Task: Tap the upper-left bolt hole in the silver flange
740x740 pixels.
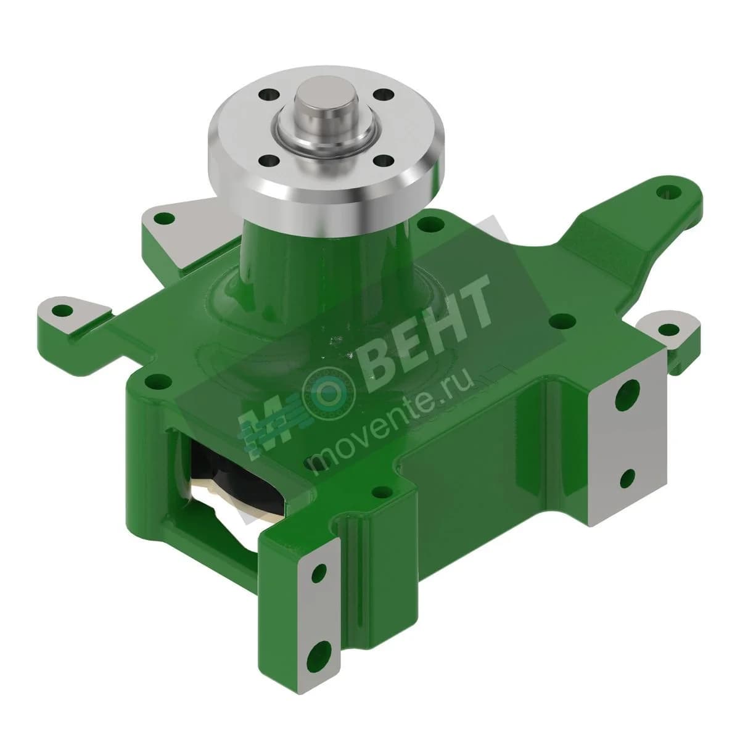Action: point(269,94)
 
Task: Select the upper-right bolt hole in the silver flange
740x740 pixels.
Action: point(384,94)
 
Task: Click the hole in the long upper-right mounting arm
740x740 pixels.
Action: point(668,191)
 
